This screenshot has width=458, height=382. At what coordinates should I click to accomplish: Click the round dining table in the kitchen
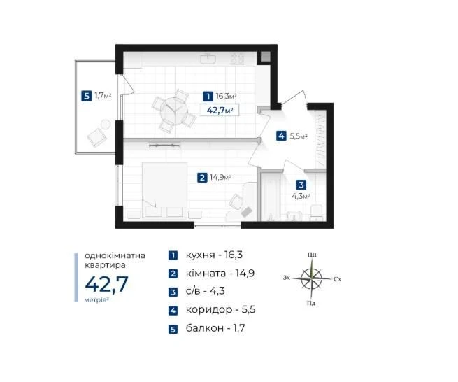click(174, 111)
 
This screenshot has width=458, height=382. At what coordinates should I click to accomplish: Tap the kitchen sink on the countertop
click(208, 59)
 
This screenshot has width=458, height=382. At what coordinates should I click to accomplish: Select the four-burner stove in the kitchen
click(237, 59)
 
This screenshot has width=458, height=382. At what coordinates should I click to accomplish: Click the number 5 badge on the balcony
click(86, 96)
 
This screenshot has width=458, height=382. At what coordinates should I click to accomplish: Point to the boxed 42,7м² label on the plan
click(220, 110)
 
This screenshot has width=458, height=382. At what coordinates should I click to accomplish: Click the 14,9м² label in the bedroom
click(220, 177)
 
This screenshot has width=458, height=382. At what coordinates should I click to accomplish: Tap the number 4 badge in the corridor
click(281, 136)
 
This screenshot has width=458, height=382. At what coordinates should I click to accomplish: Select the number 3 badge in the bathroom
click(301, 185)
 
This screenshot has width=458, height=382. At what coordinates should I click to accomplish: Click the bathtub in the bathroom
click(271, 197)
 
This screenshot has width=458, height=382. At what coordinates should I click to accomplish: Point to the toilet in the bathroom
click(316, 213)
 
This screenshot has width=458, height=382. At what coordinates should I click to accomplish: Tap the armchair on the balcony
click(97, 137)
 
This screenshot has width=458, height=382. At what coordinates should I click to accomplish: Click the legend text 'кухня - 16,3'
click(214, 255)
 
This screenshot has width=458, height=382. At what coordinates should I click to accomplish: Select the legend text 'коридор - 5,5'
click(220, 309)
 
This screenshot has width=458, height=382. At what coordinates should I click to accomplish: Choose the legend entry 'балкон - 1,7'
click(215, 328)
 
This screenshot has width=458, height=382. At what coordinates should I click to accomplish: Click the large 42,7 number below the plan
click(106, 284)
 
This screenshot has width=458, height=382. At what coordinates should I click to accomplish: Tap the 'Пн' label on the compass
click(312, 255)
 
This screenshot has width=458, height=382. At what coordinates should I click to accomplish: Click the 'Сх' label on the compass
click(337, 279)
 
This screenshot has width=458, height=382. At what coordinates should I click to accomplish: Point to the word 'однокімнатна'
click(115, 255)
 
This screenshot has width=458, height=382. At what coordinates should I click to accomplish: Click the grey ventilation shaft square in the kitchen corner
click(266, 56)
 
